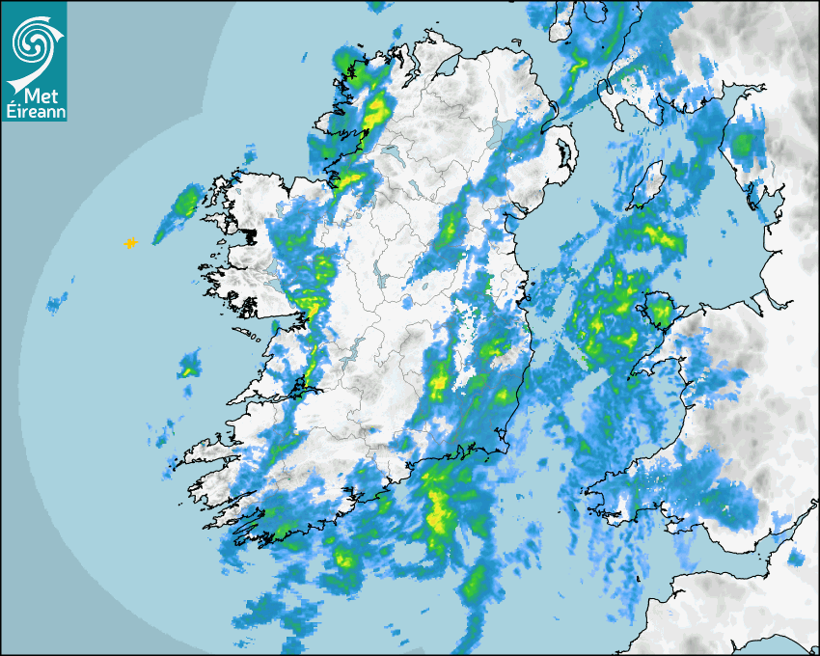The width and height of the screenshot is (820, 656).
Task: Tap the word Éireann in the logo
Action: click(x=34, y=111)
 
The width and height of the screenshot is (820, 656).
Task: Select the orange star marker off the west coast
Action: click(x=130, y=243)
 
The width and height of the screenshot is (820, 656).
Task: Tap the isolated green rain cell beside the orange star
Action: click(x=184, y=203)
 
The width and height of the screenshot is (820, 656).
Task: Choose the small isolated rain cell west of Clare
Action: click(x=188, y=366)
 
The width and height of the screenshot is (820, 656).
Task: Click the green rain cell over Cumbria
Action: click(x=743, y=145)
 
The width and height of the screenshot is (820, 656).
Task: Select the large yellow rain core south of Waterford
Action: click(x=440, y=507)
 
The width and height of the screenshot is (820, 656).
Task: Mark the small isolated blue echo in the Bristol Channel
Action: click(x=796, y=558)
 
